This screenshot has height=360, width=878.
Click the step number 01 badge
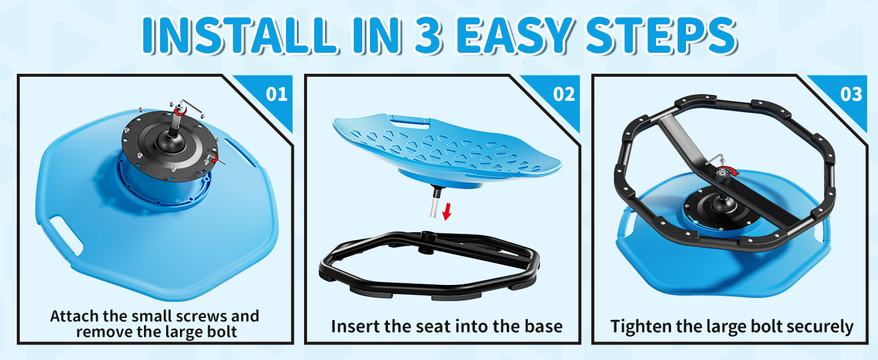tap(276, 95)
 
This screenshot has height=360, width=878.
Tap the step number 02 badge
tap(564, 95)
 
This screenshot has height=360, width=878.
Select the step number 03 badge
tap(851, 95)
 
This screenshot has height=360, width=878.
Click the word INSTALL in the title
tap(239, 35)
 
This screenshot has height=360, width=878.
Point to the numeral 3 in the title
tap(428, 35)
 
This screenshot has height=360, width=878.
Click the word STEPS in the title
tap(661, 35)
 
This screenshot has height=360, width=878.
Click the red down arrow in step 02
tap(446, 212)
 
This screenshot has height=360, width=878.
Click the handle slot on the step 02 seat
tap(408, 121)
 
